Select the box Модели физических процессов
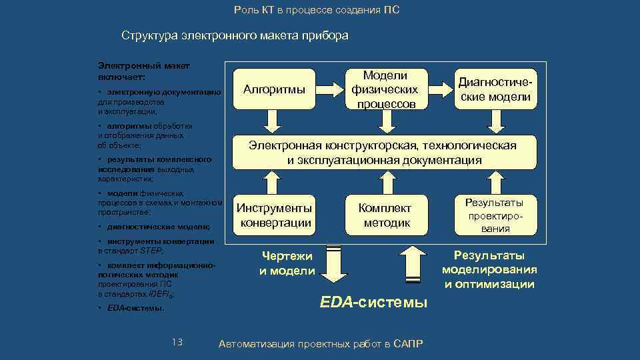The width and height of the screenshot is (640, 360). click(x=385, y=89)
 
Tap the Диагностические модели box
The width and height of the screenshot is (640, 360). click(x=494, y=89)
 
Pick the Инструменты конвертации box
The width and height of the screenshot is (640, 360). click(x=275, y=215)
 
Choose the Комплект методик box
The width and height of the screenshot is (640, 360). click(x=385, y=215)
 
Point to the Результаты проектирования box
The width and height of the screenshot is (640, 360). click(x=494, y=215)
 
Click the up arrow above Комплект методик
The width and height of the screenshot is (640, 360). click(x=385, y=181)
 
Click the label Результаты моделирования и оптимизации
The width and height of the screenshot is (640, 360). click(x=490, y=270)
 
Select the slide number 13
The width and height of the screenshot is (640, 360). click(x=177, y=342)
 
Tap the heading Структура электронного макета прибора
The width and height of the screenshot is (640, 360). click(x=235, y=35)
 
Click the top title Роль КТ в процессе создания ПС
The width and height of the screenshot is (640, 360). click(x=317, y=11)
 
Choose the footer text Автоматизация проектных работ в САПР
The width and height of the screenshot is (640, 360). click(x=321, y=343)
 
